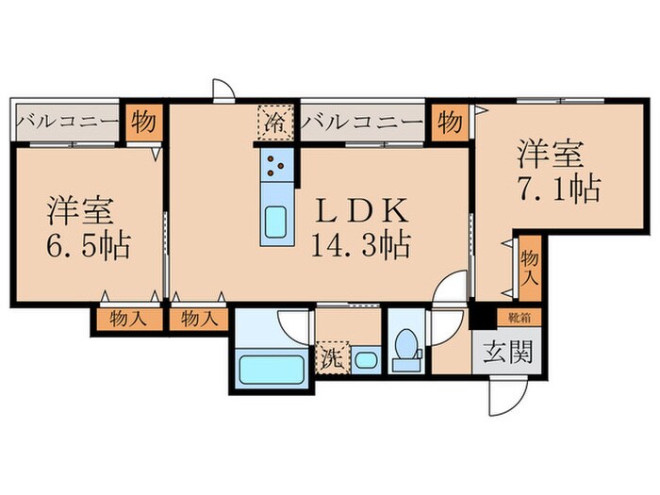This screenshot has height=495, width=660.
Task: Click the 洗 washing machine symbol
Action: click(x=333, y=358)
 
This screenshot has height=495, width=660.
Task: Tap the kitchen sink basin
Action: click(x=276, y=223)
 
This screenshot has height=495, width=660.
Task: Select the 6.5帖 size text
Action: click(x=88, y=248)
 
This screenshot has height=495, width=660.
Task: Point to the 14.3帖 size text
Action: click(x=360, y=247)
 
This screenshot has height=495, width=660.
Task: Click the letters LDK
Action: click(x=360, y=209)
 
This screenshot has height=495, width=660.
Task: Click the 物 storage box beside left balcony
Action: click(x=143, y=123)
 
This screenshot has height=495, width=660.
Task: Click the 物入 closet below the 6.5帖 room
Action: click(x=128, y=319)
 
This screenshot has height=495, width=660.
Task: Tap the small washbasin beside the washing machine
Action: click(x=366, y=359)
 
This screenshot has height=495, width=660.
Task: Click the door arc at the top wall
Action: click(x=223, y=91)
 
